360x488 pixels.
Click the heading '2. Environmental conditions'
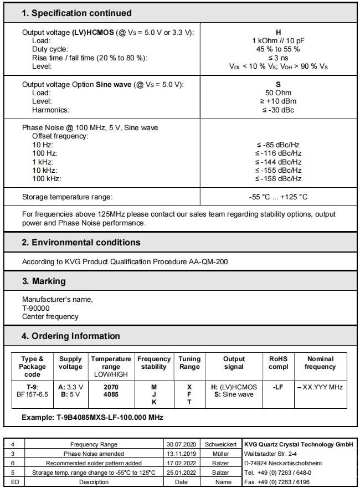81,243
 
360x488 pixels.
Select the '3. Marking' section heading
44,281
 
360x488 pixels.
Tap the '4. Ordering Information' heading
71,336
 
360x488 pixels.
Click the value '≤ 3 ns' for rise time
279,58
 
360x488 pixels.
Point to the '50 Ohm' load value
279,93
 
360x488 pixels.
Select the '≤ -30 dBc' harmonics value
279,110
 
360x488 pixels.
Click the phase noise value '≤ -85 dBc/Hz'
279,145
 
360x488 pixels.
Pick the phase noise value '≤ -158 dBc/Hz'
279,178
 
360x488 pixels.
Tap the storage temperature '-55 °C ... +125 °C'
279,197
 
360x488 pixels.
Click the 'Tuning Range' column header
189,363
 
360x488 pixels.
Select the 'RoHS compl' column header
279,363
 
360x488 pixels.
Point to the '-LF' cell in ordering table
279,387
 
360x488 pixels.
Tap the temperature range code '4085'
111,394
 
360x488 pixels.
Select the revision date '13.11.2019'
181,453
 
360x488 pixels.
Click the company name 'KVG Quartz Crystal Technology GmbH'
299,444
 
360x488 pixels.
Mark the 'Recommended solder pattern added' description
94,463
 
